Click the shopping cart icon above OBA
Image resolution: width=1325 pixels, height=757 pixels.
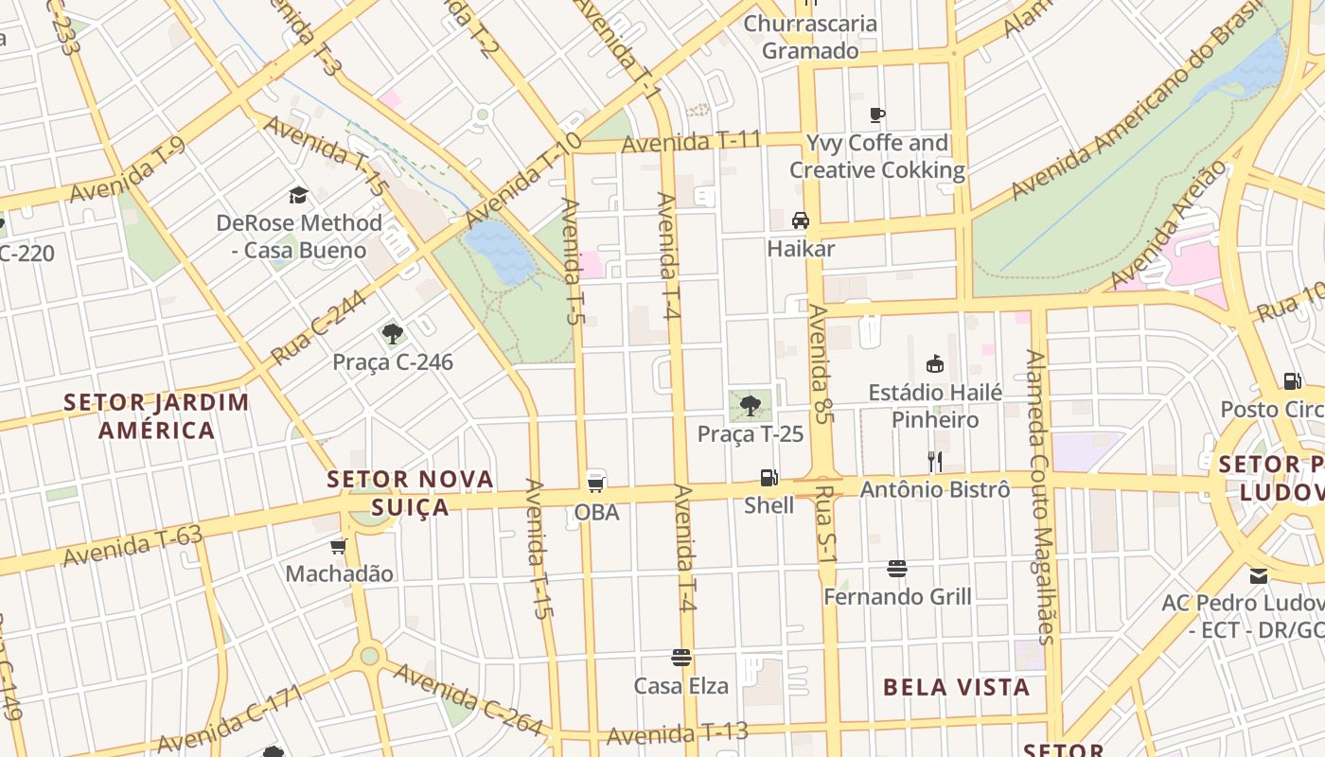[x=596, y=483]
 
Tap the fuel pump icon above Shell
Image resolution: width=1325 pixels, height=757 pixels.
[x=769, y=478]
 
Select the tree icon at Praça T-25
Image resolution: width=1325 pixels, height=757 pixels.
[x=751, y=406]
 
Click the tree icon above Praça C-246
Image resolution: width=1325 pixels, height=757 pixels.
[x=393, y=333]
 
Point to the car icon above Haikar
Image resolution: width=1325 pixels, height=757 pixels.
[x=801, y=220]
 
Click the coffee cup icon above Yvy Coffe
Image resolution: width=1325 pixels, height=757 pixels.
[x=877, y=114]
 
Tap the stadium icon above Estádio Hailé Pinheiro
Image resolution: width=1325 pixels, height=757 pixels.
[x=935, y=363]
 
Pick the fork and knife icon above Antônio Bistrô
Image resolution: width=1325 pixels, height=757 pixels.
[x=935, y=461]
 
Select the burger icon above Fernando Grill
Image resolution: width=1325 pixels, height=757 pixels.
[x=897, y=569]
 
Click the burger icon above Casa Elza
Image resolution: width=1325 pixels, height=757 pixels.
[x=681, y=657]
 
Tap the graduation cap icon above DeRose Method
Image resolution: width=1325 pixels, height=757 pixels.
[x=299, y=196]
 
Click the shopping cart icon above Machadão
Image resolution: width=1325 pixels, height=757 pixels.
[x=339, y=546]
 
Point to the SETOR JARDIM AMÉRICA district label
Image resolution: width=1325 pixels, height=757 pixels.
[x=157, y=416]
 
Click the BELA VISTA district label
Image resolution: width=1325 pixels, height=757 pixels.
[x=957, y=687]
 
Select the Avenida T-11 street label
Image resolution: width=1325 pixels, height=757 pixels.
[x=692, y=142]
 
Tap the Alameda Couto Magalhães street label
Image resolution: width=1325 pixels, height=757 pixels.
[x=1040, y=497]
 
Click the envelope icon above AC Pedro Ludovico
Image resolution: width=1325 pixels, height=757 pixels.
[x=1258, y=575]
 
